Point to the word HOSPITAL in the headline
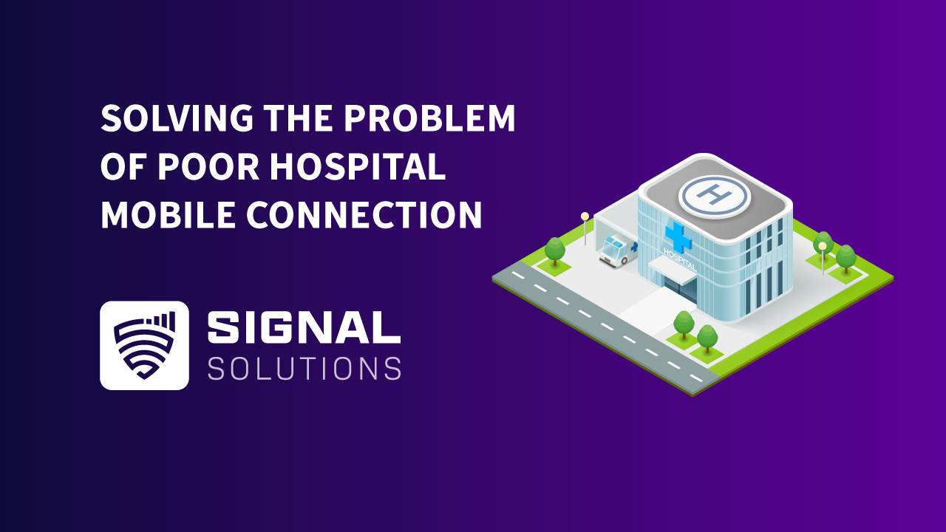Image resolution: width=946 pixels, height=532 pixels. tap(357, 168)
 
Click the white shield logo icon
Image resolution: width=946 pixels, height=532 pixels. tap(144, 345)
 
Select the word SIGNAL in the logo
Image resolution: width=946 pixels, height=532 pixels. tap(304, 327)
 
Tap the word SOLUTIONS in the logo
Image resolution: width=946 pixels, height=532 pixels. tap(304, 368)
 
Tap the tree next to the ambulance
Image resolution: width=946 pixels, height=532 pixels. tap(555, 250)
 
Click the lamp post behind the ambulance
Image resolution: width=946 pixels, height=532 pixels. tap(585, 228)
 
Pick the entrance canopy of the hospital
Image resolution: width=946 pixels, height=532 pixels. tap(673, 270)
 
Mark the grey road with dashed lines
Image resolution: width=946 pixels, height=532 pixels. tap(606, 329)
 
